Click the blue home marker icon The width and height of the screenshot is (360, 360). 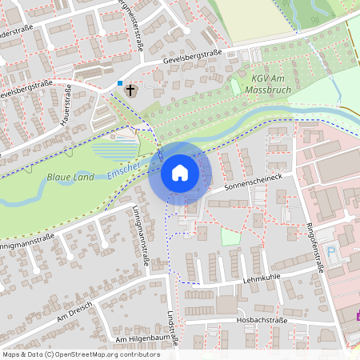pyautogui.click(x=179, y=173)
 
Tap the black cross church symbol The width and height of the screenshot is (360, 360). pyautogui.click(x=130, y=90)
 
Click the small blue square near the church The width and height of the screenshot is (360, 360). pyautogui.click(x=120, y=83)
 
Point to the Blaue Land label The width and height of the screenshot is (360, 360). pyautogui.click(x=70, y=176)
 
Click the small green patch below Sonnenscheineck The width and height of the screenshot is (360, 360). pyautogui.click(x=230, y=237)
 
